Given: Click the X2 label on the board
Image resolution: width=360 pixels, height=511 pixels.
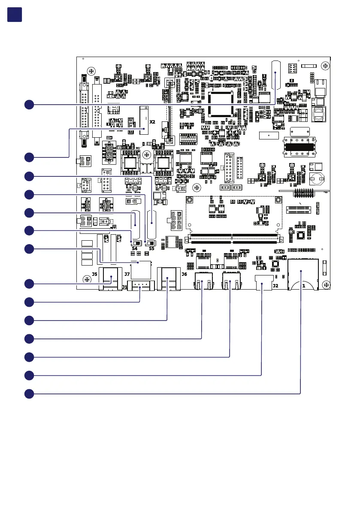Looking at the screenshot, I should [152, 122].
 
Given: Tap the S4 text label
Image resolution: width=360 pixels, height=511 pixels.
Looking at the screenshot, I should [134, 248].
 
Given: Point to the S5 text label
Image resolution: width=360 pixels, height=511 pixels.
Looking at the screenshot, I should [151, 248].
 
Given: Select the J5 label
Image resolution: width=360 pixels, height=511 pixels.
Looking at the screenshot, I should [94, 274].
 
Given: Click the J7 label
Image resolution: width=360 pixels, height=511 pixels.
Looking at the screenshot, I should [127, 274].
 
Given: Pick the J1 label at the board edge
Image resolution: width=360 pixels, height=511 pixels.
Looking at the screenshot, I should [124, 287].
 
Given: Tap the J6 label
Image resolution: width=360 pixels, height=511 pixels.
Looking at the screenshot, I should [184, 274].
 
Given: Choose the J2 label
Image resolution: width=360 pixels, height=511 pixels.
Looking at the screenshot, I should [275, 285].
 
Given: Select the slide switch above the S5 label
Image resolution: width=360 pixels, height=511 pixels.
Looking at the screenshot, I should [151, 242].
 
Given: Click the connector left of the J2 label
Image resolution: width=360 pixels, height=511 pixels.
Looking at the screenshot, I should [261, 283].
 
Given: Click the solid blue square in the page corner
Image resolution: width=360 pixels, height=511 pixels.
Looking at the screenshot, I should [15, 14].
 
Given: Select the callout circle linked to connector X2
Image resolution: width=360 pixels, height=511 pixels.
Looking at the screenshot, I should [29, 157].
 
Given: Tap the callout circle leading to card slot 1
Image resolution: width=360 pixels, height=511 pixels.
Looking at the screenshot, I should [29, 393].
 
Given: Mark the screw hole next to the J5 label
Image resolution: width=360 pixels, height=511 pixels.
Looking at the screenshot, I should [87, 280].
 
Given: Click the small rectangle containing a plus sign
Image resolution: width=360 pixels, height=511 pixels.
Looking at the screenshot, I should [269, 135].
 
